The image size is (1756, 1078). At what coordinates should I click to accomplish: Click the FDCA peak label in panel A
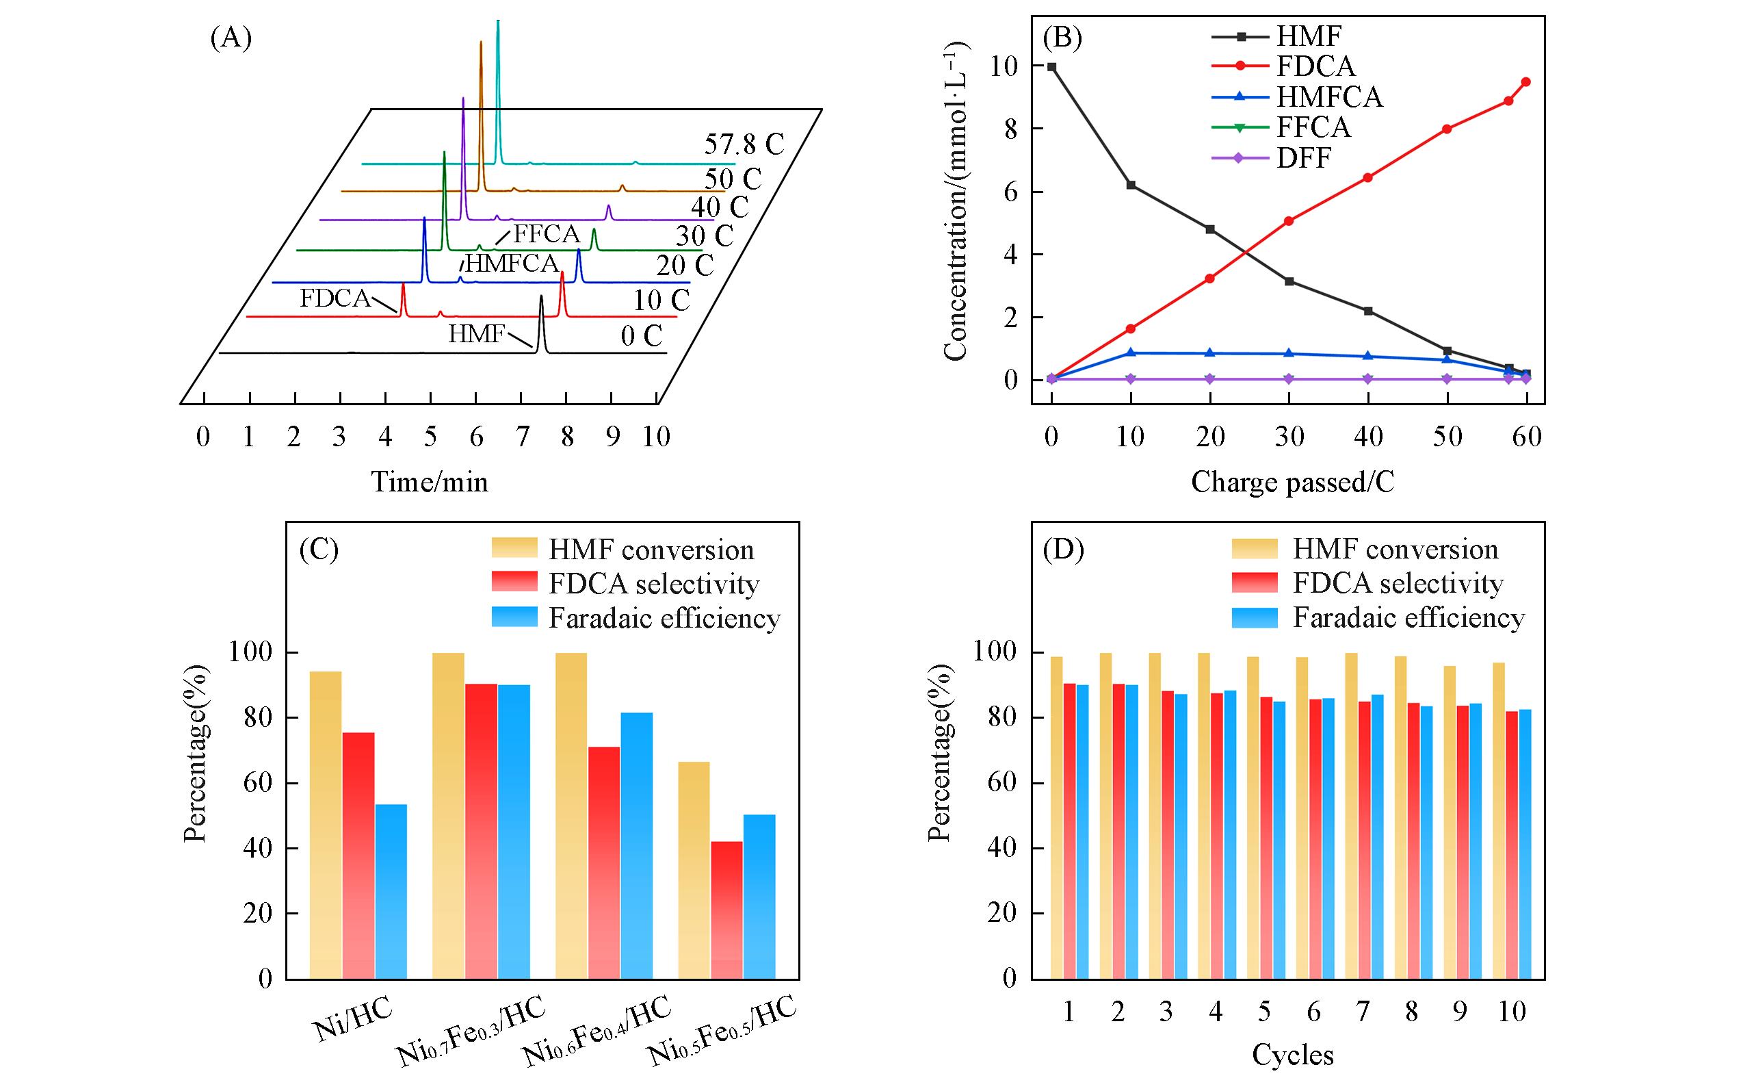click(335, 298)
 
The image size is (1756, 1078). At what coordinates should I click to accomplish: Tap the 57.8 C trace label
click(744, 144)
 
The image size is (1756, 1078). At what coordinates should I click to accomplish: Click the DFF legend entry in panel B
click(1303, 157)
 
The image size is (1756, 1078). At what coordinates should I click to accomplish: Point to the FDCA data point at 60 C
click(1525, 82)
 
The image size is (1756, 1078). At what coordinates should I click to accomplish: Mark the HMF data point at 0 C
click(1051, 67)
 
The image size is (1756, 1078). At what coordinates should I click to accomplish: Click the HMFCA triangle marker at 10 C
click(1130, 353)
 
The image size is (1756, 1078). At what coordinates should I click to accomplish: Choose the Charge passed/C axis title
click(1292, 483)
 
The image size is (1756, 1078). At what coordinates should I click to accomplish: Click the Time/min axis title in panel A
click(430, 483)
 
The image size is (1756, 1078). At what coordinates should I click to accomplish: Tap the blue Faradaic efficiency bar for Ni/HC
click(391, 891)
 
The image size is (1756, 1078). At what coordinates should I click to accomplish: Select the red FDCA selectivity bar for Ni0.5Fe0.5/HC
click(726, 910)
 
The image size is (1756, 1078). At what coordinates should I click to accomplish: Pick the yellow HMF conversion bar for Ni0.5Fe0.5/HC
click(694, 870)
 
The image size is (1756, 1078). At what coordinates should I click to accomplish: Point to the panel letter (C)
click(319, 550)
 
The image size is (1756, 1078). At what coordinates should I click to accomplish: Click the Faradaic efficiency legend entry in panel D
click(1408, 617)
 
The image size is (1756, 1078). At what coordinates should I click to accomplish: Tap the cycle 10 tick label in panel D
click(1511, 1012)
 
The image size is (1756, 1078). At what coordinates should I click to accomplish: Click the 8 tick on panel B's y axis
click(1010, 129)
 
